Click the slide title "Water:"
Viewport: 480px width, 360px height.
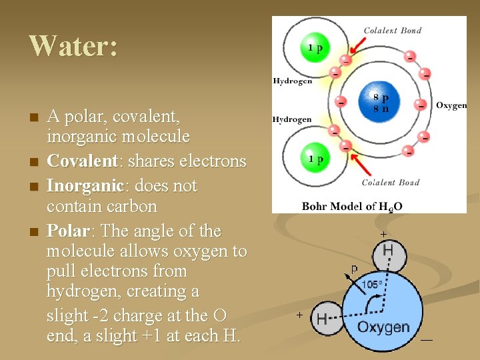(73, 46)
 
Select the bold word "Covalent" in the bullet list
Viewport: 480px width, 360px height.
(79, 161)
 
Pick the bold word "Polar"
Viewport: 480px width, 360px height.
(68, 231)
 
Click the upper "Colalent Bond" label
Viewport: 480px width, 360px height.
(392, 31)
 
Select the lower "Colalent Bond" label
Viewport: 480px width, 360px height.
(391, 183)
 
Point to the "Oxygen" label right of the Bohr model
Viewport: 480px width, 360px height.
(451, 105)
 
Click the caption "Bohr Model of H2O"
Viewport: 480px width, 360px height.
(352, 206)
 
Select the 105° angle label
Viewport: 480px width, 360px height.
(372, 285)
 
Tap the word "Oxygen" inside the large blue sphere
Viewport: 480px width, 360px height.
(383, 327)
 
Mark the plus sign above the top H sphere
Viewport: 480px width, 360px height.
(383, 234)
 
